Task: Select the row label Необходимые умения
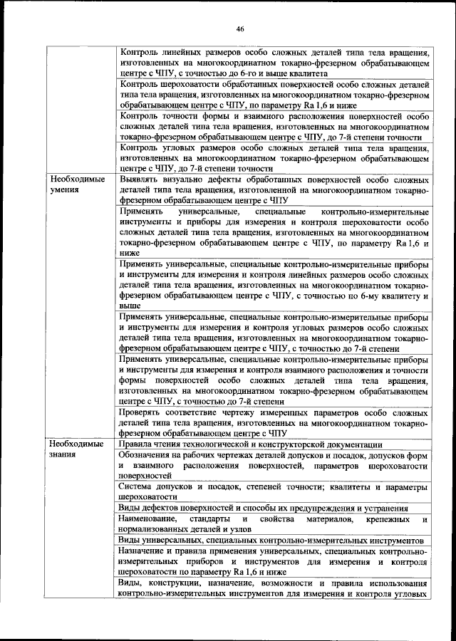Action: click(x=75, y=186)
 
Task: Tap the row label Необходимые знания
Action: click(x=75, y=449)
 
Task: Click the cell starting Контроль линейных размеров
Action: click(x=274, y=63)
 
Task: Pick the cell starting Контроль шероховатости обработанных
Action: click(x=274, y=93)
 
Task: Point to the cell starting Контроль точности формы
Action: click(x=274, y=126)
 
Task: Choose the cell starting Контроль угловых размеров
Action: click(x=274, y=157)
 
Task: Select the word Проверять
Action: click(x=145, y=412)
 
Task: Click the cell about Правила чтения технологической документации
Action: click(x=274, y=444)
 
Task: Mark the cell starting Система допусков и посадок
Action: click(x=274, y=491)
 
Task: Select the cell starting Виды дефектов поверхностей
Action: click(x=274, y=508)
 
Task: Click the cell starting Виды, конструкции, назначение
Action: click(x=274, y=588)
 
